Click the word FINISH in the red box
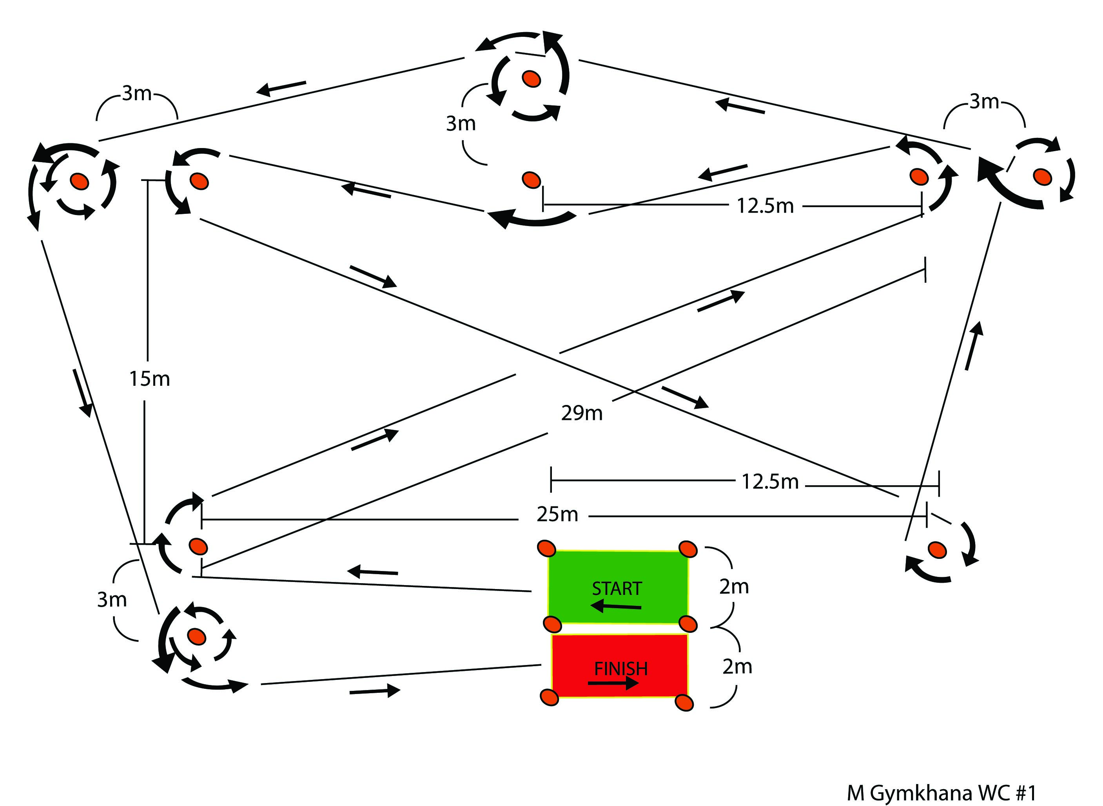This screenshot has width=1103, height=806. [x=620, y=669]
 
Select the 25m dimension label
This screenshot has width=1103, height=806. [x=557, y=515]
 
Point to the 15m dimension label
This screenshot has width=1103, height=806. [x=149, y=379]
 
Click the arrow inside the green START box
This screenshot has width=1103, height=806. [x=616, y=606]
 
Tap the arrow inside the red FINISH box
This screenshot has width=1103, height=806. [x=613, y=683]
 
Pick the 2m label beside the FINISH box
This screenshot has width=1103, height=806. [x=737, y=667]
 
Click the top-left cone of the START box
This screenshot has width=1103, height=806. [x=546, y=548]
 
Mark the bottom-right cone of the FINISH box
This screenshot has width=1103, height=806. [x=684, y=703]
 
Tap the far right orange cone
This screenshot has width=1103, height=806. [x=1041, y=177]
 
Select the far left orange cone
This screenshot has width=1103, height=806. [x=79, y=181]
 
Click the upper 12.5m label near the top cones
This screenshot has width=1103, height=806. [x=765, y=206]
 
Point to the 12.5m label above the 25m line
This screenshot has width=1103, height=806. [x=770, y=482]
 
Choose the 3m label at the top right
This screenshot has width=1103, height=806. [x=984, y=102]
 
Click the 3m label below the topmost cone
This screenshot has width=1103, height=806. [x=461, y=124]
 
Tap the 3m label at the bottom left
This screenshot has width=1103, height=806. [x=112, y=600]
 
